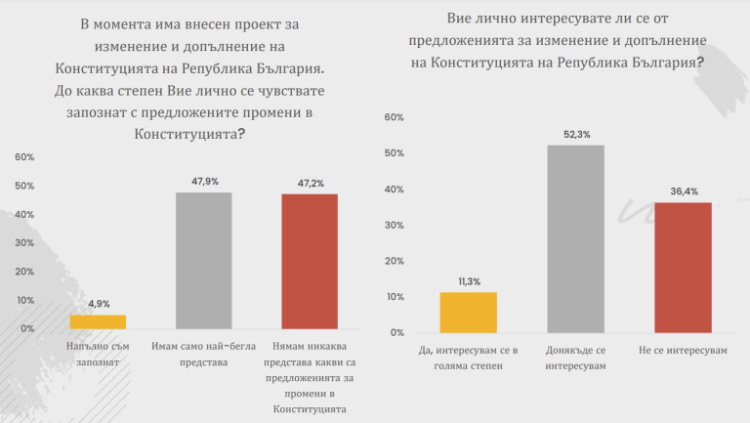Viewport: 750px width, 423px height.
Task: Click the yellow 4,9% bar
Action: [x=98, y=321]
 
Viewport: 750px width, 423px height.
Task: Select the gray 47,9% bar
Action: [x=203, y=261]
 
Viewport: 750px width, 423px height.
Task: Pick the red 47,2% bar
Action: [x=310, y=262]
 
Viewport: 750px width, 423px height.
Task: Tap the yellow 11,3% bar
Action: [x=469, y=313]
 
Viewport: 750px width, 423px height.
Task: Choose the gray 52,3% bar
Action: [x=575, y=238]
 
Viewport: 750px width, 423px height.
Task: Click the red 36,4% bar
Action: [x=683, y=267]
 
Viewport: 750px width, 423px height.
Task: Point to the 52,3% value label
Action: [x=575, y=134]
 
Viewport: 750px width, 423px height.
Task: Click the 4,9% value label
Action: [x=98, y=304]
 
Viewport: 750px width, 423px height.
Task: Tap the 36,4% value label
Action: [x=683, y=191]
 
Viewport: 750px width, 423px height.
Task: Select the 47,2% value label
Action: [x=310, y=183]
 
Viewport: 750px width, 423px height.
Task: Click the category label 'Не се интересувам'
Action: [x=683, y=349]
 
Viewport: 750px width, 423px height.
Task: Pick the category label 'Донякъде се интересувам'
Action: [x=575, y=357]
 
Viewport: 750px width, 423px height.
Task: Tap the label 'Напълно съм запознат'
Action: [x=98, y=354]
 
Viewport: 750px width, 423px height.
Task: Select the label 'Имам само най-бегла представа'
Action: [x=203, y=354]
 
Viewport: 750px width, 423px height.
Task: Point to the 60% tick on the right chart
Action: [x=395, y=117]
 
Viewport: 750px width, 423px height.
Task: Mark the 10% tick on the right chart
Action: [x=395, y=296]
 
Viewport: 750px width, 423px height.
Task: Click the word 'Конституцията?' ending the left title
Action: [x=189, y=135]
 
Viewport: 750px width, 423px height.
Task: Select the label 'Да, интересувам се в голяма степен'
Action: [x=469, y=357]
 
